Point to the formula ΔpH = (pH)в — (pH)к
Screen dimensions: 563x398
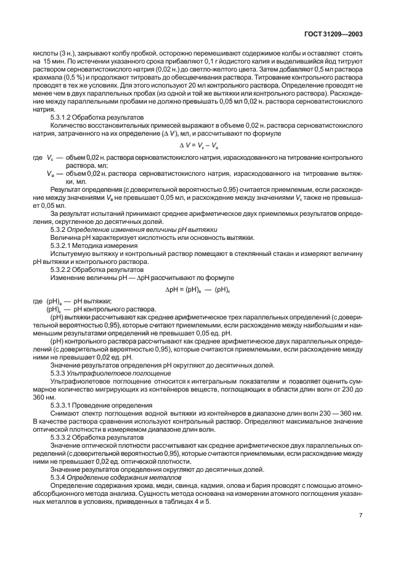click(201, 288)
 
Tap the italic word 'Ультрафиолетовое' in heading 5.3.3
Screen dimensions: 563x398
click(94, 373)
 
